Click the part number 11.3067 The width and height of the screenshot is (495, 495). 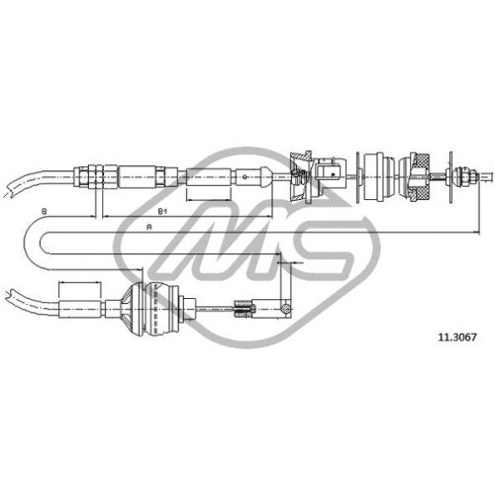pos(457,337)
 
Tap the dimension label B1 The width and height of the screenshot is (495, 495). pos(160,211)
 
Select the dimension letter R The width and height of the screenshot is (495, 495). pos(149,227)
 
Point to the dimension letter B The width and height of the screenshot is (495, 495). pos(44,211)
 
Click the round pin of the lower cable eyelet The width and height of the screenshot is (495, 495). pos(286,308)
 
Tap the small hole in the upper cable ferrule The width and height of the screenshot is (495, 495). pos(245,176)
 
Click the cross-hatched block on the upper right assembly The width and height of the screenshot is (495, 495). pos(421,177)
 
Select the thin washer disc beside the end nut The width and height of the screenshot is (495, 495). pos(450,177)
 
